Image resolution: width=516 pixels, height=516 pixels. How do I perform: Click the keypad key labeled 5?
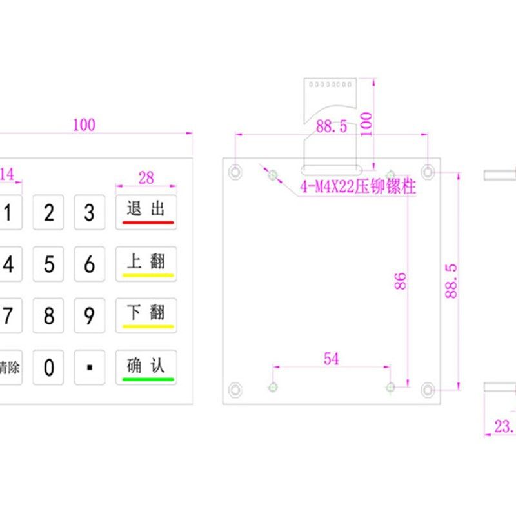pos(49,264)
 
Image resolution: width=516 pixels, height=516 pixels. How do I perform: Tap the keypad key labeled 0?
pos(49,368)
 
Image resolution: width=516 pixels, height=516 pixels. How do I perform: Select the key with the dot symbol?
pos(90,368)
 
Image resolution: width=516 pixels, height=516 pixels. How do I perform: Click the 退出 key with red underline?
pos(146,212)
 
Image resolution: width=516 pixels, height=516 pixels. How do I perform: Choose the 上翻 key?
pos(146,264)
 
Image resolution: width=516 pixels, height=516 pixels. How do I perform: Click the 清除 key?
pos(9,368)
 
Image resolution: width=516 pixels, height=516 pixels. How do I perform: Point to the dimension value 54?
pos(331,359)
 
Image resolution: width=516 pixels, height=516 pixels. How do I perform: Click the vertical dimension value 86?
pos(401,281)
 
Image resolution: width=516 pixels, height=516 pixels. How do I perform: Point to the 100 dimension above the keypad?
pos(84,124)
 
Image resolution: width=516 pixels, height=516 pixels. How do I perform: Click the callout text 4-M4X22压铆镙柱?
pos(357,188)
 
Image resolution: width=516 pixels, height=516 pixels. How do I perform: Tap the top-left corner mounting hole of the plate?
pos(234,172)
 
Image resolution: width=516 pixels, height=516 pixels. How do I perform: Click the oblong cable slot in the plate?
pos(333,171)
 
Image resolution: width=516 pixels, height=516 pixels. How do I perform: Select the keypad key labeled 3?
pos(90,212)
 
